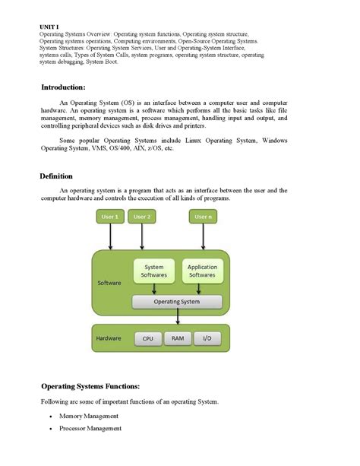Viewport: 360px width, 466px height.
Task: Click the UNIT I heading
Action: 49,27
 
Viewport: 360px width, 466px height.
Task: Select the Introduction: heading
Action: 68,87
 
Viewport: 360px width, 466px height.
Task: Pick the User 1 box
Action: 110,217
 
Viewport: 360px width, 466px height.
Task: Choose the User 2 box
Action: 142,217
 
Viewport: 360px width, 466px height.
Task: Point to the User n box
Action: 203,217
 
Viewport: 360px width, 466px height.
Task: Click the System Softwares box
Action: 154,271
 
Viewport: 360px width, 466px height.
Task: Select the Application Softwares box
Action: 202,271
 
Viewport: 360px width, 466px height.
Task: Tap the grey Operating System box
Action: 177,302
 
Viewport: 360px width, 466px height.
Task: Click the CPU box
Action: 147,338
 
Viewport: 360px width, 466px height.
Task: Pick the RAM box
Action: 177,338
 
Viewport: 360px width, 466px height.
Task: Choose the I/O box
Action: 207,338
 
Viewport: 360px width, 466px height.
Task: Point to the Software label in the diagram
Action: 109,283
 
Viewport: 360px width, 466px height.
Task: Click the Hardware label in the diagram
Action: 109,338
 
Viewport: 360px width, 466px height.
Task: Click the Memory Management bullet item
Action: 89,416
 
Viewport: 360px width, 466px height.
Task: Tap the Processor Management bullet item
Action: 90,428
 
